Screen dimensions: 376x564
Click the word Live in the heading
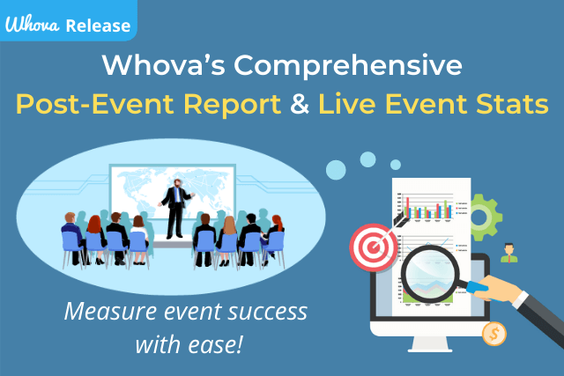coord(350,106)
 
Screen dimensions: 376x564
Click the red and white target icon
coord(371,247)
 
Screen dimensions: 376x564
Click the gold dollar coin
coord(494,334)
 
